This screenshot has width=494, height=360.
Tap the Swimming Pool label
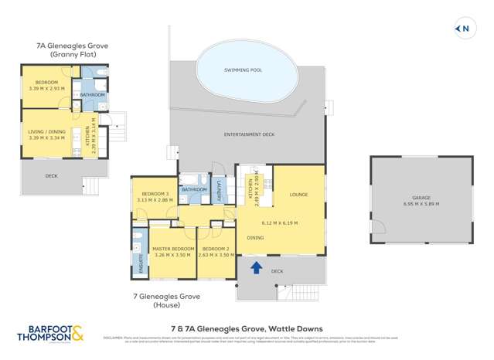(x=243, y=70)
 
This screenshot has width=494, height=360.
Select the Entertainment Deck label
(x=249, y=134)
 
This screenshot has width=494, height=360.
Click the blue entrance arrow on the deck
(x=256, y=267)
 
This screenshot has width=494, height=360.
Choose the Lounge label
(x=298, y=195)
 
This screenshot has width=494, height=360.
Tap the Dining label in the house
(x=256, y=238)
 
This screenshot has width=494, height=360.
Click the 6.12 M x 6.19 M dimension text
(x=280, y=223)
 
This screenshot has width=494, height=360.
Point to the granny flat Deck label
(x=52, y=176)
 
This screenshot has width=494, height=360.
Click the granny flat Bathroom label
(x=92, y=94)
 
